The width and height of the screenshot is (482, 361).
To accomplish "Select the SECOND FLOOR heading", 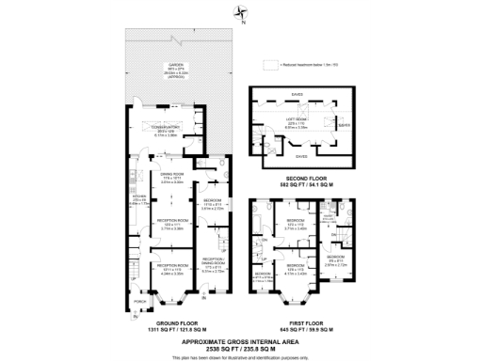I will [x=309, y=177].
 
